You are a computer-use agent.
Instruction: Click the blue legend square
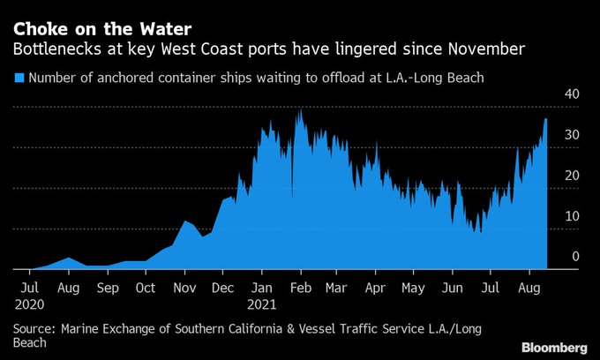pyautogui.click(x=19, y=79)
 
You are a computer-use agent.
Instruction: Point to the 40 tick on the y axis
pyautogui.click(x=572, y=95)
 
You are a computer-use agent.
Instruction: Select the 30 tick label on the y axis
pyautogui.click(x=572, y=135)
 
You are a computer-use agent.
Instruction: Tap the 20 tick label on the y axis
pyautogui.click(x=572, y=176)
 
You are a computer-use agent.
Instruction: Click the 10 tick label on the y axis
pyautogui.click(x=572, y=216)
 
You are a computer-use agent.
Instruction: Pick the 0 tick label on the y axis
pyautogui.click(x=575, y=257)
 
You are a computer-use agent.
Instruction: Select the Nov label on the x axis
pyautogui.click(x=184, y=288)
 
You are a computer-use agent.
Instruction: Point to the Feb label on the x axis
pyautogui.click(x=301, y=288)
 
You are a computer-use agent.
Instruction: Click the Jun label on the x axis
pyautogui.click(x=452, y=288)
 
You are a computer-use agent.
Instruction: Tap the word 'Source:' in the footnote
pyautogui.click(x=34, y=328)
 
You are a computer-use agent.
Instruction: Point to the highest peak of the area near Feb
pyautogui.click(x=301, y=109)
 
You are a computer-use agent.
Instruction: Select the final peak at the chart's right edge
pyautogui.click(x=546, y=119)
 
